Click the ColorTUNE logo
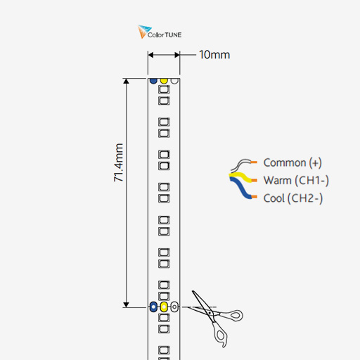pyautogui.click(x=160, y=32)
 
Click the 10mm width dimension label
pyautogui.click(x=214, y=55)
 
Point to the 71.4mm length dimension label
pyautogui.click(x=119, y=162)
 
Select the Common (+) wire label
pyautogui.click(x=292, y=162)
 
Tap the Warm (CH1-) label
pyautogui.click(x=296, y=181)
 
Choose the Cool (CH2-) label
pyautogui.click(x=293, y=198)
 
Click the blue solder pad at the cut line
pyautogui.click(x=153, y=307)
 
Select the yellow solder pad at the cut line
pyautogui.click(x=164, y=307)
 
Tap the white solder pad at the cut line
pyautogui.click(x=174, y=307)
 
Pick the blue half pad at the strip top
pyautogui.click(x=153, y=81)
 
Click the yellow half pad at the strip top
pyautogui.click(x=164, y=81)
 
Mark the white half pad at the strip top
pyautogui.click(x=174, y=81)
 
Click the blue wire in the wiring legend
pyautogui.click(x=240, y=188)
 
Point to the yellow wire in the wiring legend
pyautogui.click(x=241, y=176)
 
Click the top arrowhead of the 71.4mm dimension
pyautogui.click(x=126, y=81)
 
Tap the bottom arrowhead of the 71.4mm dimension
pyautogui.click(x=126, y=304)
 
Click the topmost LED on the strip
pyautogui.click(x=164, y=89)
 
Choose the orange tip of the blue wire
pyautogui.click(x=255, y=197)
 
